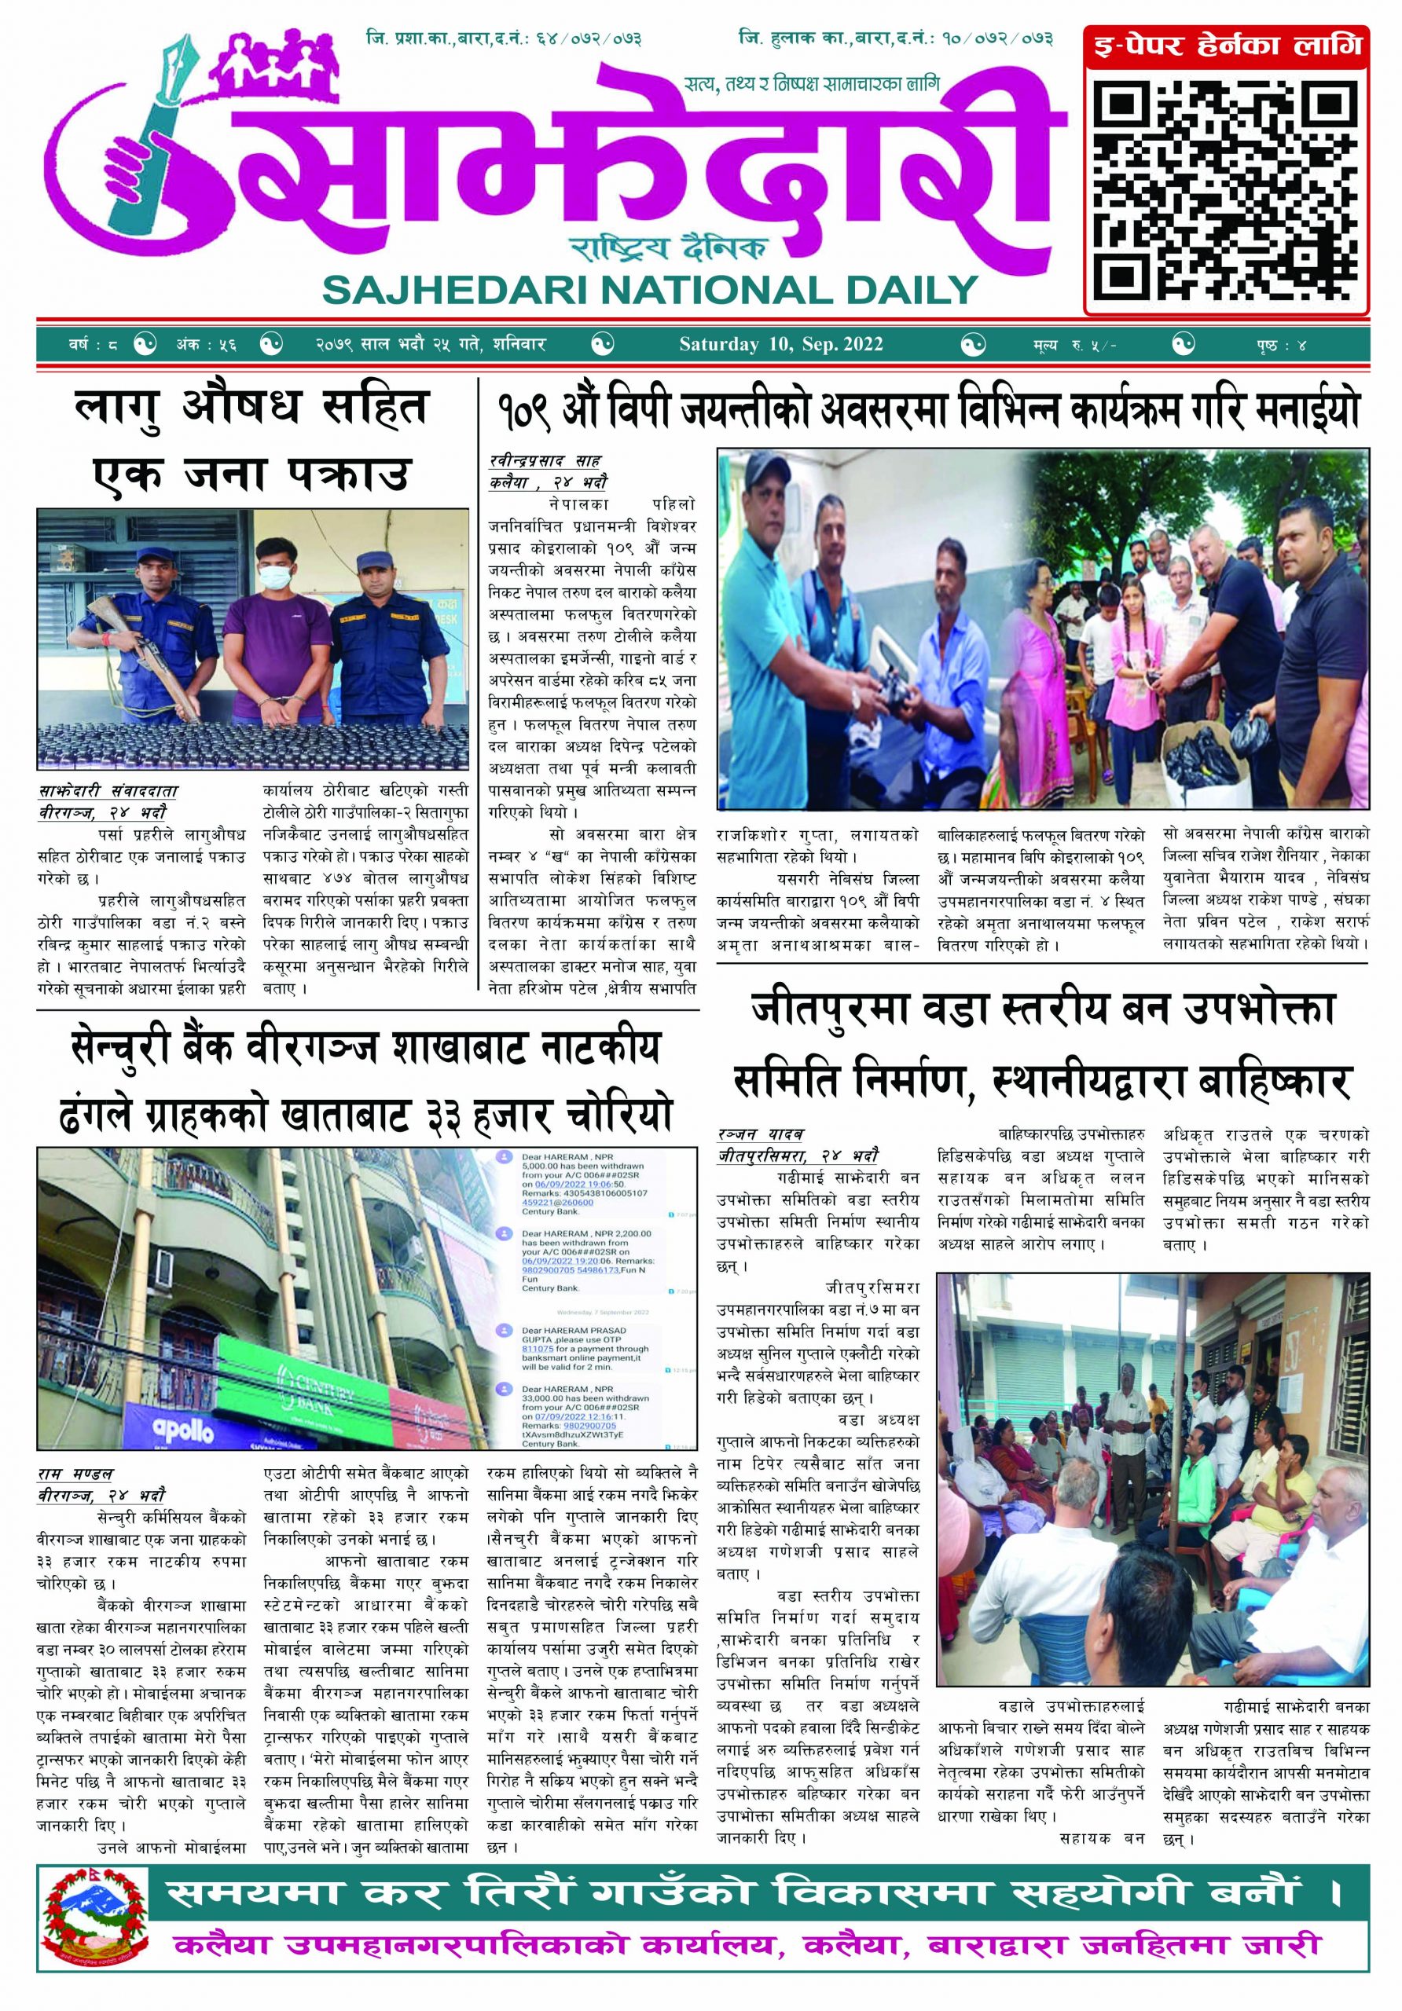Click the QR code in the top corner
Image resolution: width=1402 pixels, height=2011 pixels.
(1227, 188)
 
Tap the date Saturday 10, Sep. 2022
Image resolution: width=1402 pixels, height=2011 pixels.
(780, 344)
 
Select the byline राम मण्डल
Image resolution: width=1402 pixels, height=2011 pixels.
(75, 1475)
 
